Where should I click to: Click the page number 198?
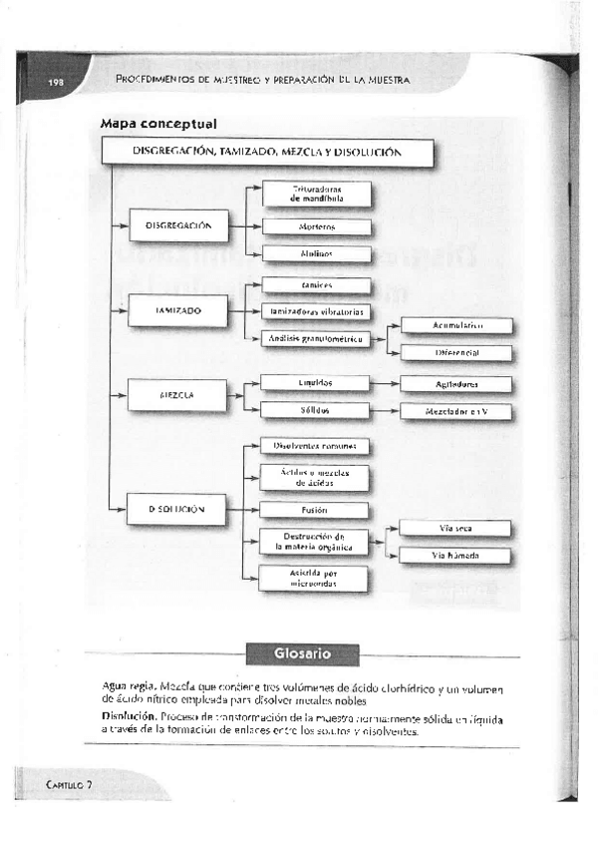[55, 82]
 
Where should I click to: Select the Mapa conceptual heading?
[158, 124]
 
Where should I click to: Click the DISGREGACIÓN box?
[178, 225]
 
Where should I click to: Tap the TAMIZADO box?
[178, 311]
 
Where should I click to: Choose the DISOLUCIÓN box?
[178, 509]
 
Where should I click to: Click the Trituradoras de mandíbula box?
[317, 194]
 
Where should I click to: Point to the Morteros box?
[317, 226]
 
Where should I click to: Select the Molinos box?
[317, 254]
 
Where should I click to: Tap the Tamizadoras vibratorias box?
[316, 311]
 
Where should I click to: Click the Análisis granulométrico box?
[316, 339]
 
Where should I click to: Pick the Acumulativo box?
[457, 325]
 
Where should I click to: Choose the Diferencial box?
[457, 353]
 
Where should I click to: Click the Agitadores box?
[457, 383]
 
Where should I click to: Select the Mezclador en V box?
[457, 410]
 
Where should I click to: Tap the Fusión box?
[313, 510]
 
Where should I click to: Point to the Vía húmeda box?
[456, 556]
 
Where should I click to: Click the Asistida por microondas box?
[313, 579]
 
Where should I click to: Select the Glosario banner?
[302, 653]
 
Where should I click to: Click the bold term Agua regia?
[129, 687]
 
